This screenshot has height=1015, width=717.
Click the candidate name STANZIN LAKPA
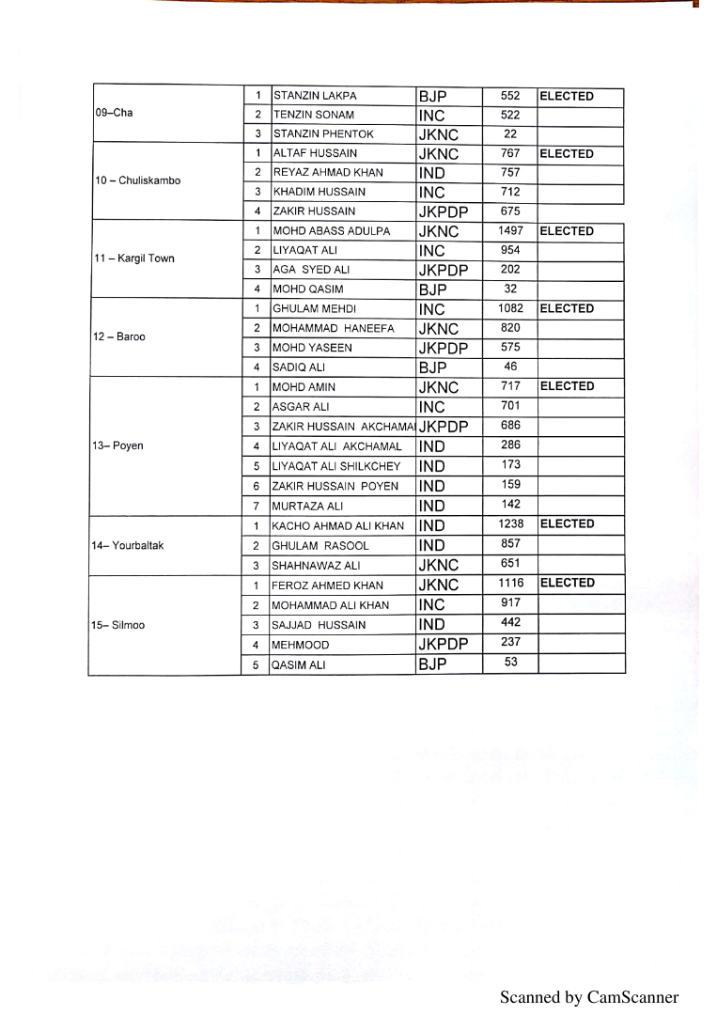(x=315, y=96)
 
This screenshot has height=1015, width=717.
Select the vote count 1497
(x=510, y=231)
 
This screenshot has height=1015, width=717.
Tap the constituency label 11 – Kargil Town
(x=134, y=258)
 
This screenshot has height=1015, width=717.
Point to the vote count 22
(x=510, y=134)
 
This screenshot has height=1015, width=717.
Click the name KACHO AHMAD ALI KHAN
(x=337, y=525)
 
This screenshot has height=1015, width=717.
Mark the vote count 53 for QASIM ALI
(x=510, y=663)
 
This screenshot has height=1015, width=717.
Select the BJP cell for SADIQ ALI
(x=433, y=367)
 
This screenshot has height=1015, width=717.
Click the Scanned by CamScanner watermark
(x=588, y=997)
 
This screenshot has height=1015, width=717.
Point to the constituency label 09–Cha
(x=114, y=113)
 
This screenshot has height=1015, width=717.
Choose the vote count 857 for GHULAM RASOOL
(x=510, y=545)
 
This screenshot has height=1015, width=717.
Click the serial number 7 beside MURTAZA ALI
(x=256, y=506)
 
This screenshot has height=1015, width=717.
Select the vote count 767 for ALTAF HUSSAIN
(x=510, y=153)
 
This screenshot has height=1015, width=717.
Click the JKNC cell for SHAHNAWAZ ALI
(x=439, y=565)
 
